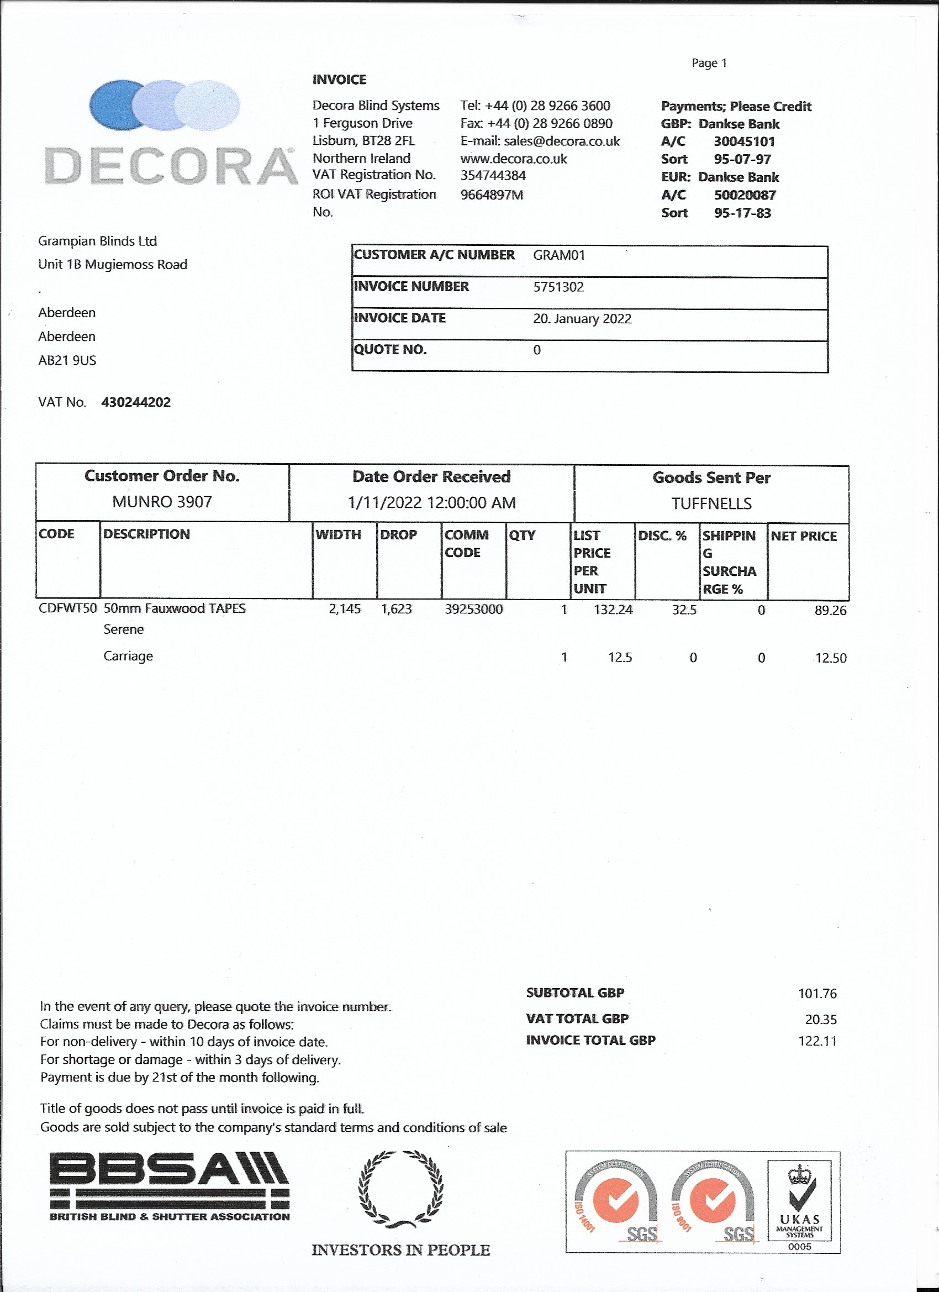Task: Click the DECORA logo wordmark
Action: tap(171, 166)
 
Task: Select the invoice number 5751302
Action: tap(558, 287)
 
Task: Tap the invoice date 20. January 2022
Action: tap(582, 318)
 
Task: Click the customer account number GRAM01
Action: tap(558, 255)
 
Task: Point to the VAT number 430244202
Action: tap(135, 402)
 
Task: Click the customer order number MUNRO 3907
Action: tap(162, 502)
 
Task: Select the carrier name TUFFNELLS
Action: tap(711, 503)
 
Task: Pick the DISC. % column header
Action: tap(662, 535)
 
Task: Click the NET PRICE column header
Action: tap(804, 536)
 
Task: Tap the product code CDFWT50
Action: tap(68, 608)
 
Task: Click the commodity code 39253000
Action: tap(473, 610)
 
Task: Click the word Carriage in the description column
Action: tap(128, 656)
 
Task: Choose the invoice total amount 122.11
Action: tap(817, 1041)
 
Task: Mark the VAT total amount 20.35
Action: tap(821, 1020)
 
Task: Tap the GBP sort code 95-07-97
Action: tap(742, 160)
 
